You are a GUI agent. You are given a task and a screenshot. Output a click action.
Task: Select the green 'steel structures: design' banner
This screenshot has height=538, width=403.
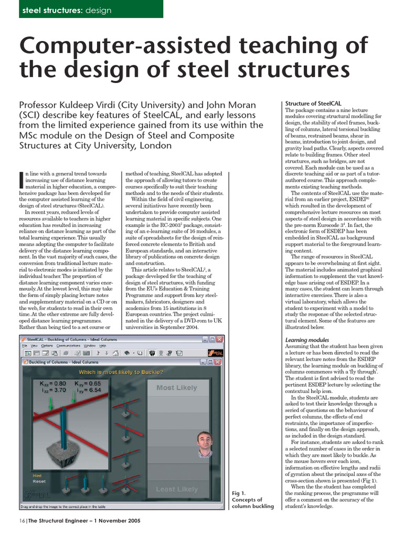91,9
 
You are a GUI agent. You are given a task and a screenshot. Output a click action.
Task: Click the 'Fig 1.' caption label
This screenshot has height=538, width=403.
239,493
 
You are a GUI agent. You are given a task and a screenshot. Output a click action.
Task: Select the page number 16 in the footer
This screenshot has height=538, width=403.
22,521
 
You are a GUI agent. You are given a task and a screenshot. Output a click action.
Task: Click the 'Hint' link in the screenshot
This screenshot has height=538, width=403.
37,475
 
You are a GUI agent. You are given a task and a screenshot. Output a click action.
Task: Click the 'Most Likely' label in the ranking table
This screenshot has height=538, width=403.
176,388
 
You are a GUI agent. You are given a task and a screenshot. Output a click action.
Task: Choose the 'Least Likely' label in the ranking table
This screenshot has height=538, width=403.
176,489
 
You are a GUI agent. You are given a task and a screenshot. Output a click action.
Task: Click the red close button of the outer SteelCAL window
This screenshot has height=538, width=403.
219,339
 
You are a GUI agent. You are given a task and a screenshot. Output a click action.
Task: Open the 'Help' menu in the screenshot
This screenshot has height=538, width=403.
103,346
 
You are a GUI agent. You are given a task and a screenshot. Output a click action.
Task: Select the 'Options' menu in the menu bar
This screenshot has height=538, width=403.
47,346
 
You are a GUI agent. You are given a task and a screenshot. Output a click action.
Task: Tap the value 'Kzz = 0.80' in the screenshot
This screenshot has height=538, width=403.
53,384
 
